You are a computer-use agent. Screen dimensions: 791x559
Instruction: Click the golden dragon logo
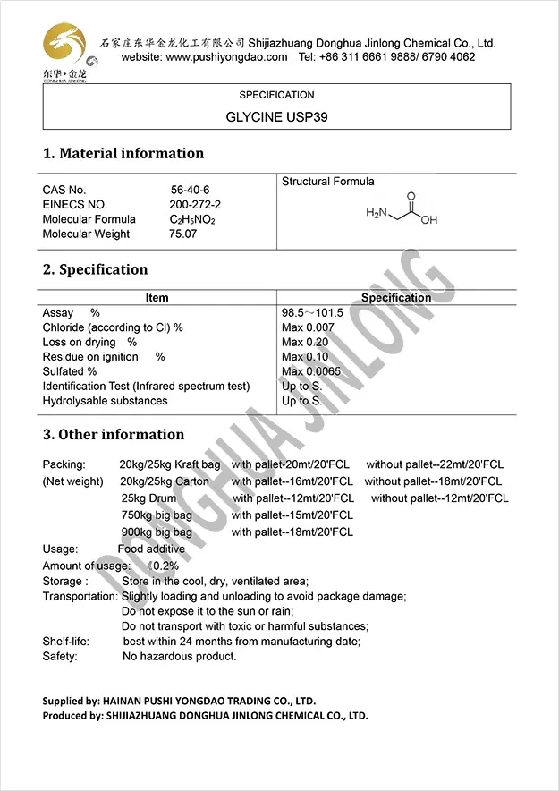(x=64, y=43)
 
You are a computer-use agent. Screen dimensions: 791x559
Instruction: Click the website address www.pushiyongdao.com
(x=226, y=57)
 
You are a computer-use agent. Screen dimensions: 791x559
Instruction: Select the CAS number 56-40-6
(x=191, y=190)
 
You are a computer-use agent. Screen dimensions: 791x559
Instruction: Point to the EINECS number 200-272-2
(x=195, y=204)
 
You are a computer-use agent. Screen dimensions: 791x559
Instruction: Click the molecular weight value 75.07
(x=182, y=234)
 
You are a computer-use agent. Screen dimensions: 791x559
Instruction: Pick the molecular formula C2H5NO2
(x=192, y=219)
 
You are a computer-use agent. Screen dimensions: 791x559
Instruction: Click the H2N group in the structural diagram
(x=378, y=214)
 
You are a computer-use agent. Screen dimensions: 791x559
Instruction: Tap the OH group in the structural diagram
(x=429, y=219)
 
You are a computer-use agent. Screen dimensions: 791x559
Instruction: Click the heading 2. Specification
(x=96, y=269)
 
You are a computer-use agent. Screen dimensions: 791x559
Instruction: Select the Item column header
(x=157, y=298)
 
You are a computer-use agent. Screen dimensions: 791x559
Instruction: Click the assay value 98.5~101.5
(x=312, y=313)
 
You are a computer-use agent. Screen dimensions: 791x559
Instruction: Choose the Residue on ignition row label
(x=90, y=357)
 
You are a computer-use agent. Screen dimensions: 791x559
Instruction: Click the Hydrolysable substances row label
(x=105, y=401)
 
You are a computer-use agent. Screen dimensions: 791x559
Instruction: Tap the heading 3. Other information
(x=114, y=435)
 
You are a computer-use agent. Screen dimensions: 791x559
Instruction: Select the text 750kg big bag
(x=157, y=515)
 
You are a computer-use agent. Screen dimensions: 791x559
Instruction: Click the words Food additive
(x=151, y=549)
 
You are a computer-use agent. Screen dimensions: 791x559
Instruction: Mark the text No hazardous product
(x=179, y=656)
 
